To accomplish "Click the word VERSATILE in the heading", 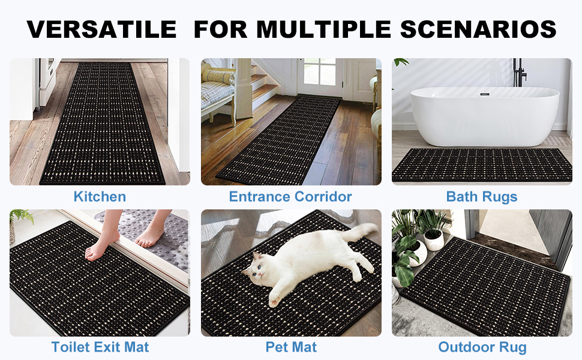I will point(101,28).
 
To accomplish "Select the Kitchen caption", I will point(100,196).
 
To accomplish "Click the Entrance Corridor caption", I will point(290,196).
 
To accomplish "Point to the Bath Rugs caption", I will point(482,196).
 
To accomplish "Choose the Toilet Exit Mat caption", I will point(100,347).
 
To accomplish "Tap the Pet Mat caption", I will point(291,347).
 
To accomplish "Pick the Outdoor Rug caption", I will point(482,347).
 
